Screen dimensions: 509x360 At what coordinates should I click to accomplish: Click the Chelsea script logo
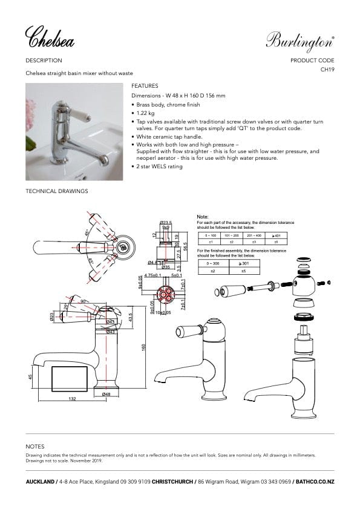pyautogui.click(x=50, y=38)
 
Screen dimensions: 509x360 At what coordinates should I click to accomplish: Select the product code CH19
pyautogui.click(x=327, y=70)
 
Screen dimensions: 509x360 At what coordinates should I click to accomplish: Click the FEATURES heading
pyautogui.click(x=145, y=86)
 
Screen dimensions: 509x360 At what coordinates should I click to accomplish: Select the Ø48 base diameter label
pyautogui.click(x=106, y=394)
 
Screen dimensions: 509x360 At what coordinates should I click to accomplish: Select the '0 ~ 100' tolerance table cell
pyautogui.click(x=211, y=234)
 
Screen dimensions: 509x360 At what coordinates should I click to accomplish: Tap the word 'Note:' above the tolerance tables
pyautogui.click(x=203, y=216)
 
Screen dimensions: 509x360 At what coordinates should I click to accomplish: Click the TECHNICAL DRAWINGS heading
pyautogui.click(x=57, y=191)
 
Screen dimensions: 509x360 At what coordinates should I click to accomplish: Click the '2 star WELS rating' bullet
pyautogui.click(x=159, y=166)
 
